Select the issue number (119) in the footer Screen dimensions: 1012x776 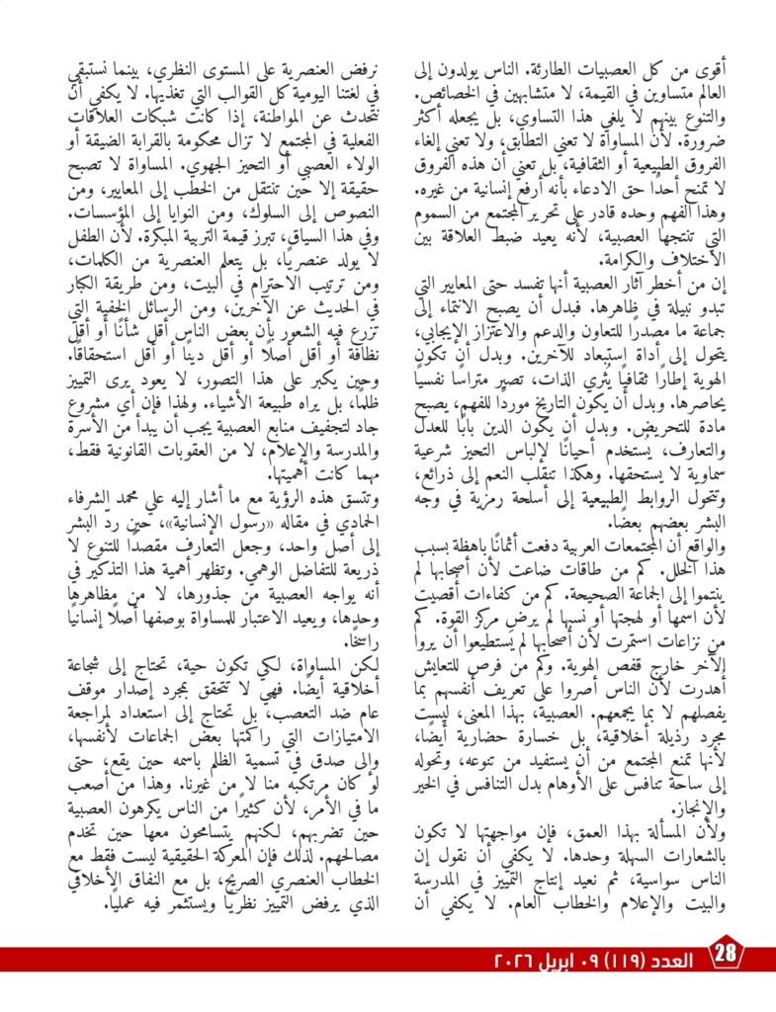(x=615, y=961)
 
